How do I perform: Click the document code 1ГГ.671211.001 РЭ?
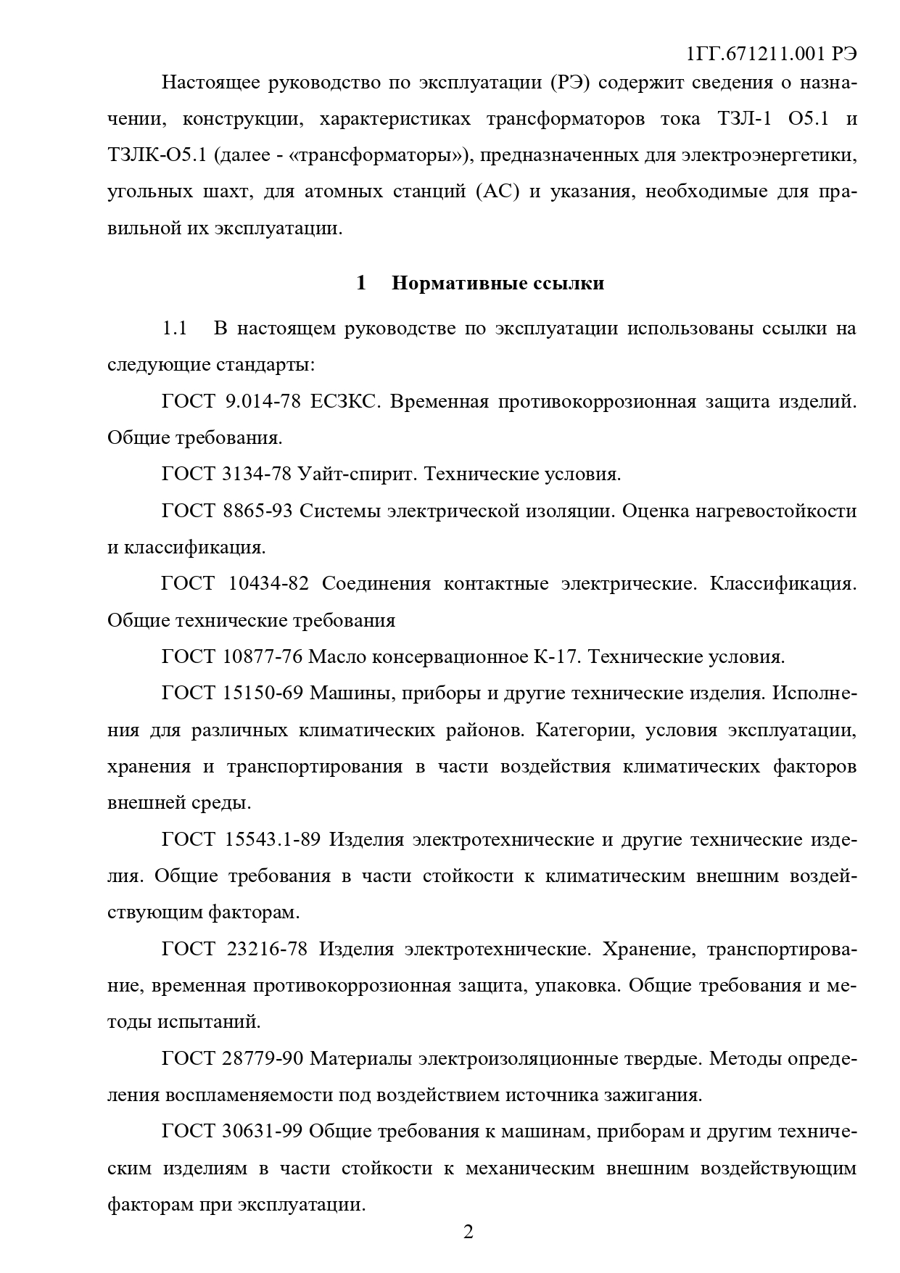point(770,54)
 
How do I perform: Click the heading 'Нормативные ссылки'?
point(498,283)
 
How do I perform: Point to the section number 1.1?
point(174,329)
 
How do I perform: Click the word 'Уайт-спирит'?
point(357,474)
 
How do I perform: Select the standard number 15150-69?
point(263,693)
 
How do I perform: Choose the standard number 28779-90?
point(263,1059)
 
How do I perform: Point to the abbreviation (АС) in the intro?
point(497,192)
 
